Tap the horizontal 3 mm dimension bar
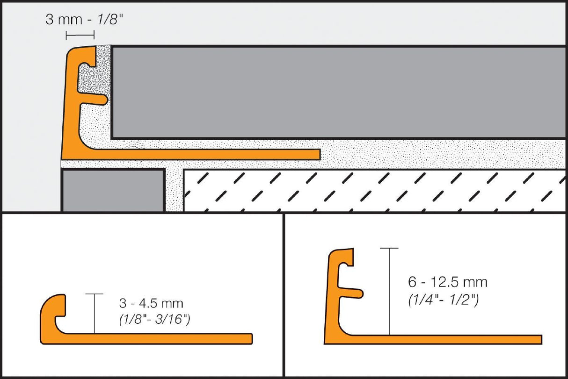tap(80, 35)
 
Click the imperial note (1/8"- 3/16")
tap(154, 321)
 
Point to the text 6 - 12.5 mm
tap(447, 282)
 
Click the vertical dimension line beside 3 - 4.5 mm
tap(94, 313)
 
